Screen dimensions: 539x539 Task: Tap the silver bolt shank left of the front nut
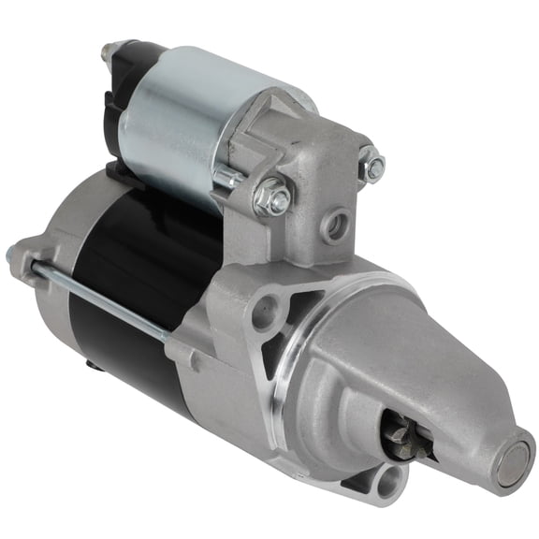coord(229,178)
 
